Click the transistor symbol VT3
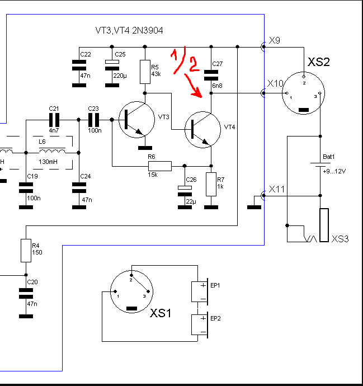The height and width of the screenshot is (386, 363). click(x=136, y=120)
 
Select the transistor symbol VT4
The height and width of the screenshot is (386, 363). click(x=202, y=129)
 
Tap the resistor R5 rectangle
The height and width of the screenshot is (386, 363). click(x=145, y=72)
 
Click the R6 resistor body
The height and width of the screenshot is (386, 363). click(x=160, y=166)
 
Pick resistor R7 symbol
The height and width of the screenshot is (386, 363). click(x=211, y=184)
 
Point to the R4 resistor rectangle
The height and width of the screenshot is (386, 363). click(x=26, y=251)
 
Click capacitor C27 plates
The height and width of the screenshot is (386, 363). click(x=211, y=75)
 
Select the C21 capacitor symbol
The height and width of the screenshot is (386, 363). click(x=54, y=120)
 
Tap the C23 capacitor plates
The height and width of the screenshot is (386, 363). click(x=93, y=120)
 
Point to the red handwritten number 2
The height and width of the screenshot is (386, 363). click(x=194, y=64)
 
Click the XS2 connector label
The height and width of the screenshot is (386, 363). click(x=318, y=62)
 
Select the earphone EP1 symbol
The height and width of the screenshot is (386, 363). click(x=200, y=291)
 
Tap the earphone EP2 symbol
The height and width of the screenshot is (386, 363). click(x=200, y=324)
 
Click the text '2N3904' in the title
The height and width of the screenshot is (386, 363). click(x=148, y=31)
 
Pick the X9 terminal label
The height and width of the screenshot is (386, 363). click(x=275, y=40)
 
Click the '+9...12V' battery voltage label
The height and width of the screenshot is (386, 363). click(x=334, y=171)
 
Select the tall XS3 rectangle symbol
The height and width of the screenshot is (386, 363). click(x=324, y=225)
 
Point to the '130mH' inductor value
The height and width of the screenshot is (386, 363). click(x=48, y=162)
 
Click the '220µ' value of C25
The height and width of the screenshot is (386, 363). click(x=120, y=76)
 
